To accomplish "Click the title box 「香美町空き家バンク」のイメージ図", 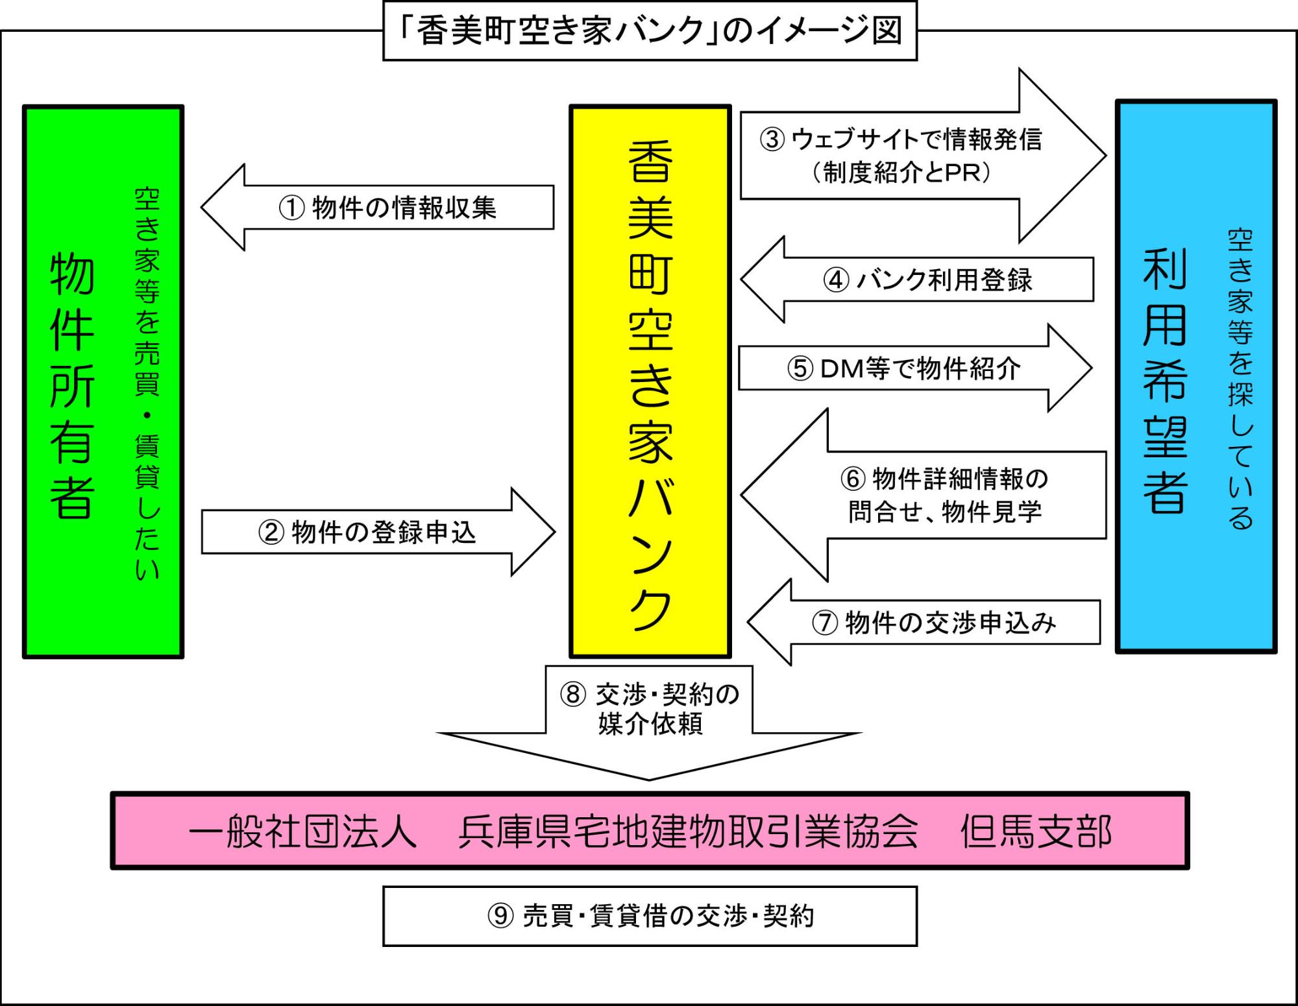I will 650,30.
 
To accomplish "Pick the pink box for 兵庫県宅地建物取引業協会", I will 650,831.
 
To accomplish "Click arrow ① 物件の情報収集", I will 387,208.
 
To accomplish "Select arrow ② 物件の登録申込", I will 367,532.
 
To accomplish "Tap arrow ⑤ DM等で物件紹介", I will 904,368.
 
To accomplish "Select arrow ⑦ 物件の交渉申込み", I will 933,623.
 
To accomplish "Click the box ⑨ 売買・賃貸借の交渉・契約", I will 650,916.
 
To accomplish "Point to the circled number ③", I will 772,139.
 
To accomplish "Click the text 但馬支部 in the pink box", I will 1036,832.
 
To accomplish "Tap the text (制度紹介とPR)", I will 901,173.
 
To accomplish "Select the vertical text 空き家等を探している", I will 1240,379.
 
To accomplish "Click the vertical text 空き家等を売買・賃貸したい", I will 147,383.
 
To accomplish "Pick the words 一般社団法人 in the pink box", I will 302,832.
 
